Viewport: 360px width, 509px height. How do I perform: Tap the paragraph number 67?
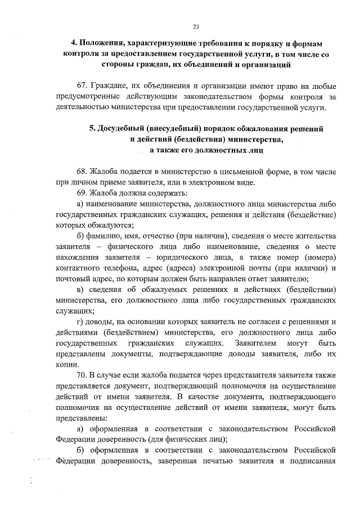point(83,86)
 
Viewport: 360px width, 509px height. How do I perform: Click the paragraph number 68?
point(83,172)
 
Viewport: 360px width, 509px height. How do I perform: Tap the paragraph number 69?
point(83,193)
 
